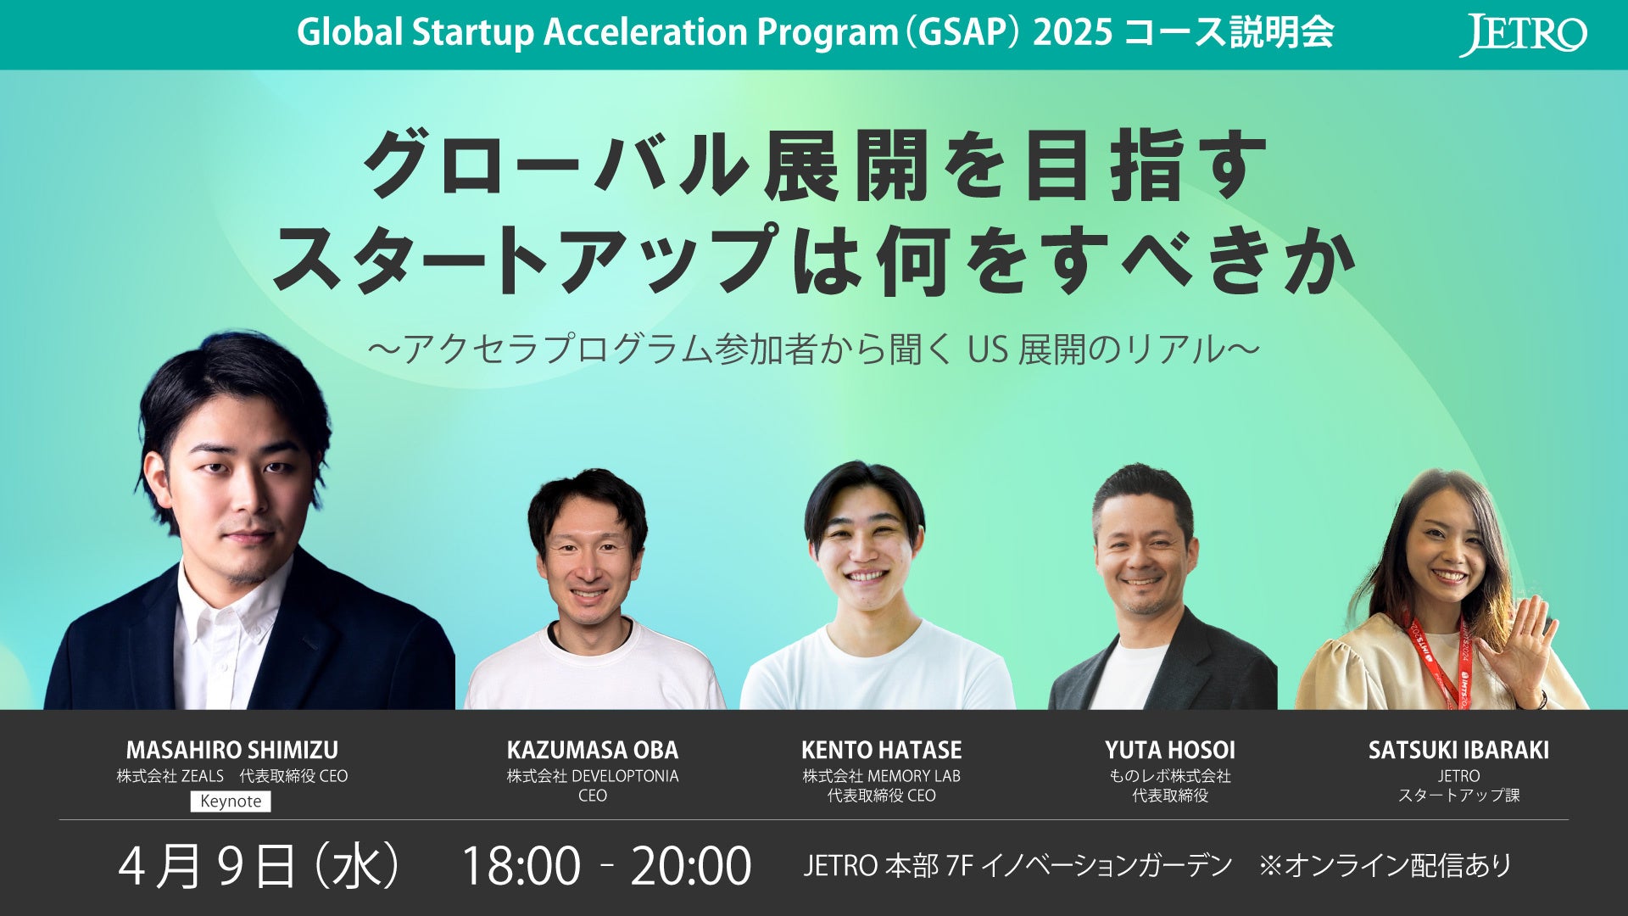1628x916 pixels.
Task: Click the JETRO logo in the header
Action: pyautogui.click(x=1523, y=36)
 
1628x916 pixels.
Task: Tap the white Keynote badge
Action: pyautogui.click(x=231, y=801)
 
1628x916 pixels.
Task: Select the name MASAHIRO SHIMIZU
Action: pyautogui.click(x=232, y=750)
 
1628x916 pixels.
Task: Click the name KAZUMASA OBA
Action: pyautogui.click(x=593, y=750)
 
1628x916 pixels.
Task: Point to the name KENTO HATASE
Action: pyautogui.click(x=882, y=750)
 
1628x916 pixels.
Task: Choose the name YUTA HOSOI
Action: pyautogui.click(x=1170, y=750)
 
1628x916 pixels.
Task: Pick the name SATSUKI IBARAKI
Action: pyautogui.click(x=1458, y=750)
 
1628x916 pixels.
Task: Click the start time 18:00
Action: pyautogui.click(x=521, y=866)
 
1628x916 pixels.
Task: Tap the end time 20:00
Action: pyautogui.click(x=691, y=866)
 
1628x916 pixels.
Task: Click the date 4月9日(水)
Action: pyautogui.click(x=259, y=866)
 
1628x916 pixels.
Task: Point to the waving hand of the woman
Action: pyautogui.click(x=1522, y=649)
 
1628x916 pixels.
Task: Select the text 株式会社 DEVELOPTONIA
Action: pyautogui.click(x=593, y=776)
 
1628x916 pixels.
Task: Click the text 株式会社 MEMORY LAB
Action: pyautogui.click(x=882, y=776)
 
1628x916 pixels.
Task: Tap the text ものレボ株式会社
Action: pyautogui.click(x=1170, y=776)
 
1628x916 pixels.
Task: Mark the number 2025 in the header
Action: pyautogui.click(x=1073, y=33)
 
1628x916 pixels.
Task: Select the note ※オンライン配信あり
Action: pyautogui.click(x=1385, y=866)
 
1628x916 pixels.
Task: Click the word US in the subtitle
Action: pyautogui.click(x=988, y=349)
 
